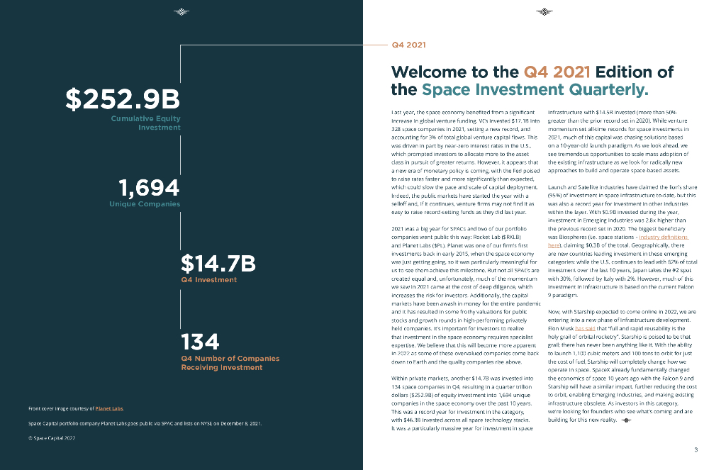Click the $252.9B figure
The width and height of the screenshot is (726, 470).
123,99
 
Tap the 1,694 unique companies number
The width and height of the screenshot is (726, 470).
150,188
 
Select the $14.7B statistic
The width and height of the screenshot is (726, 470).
218,264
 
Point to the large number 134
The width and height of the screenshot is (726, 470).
201,342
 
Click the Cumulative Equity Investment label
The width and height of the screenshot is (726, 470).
145,123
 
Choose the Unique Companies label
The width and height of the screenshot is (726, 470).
145,204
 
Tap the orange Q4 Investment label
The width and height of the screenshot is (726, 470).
209,280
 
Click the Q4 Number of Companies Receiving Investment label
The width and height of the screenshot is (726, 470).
230,363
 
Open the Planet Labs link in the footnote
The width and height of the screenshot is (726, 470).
109,408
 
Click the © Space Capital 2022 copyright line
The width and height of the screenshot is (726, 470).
52,437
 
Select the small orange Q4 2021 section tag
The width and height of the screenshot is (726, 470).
408,45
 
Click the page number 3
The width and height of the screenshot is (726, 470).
696,449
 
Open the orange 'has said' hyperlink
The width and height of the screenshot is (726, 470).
585,329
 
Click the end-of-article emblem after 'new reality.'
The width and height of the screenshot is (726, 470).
626,420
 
